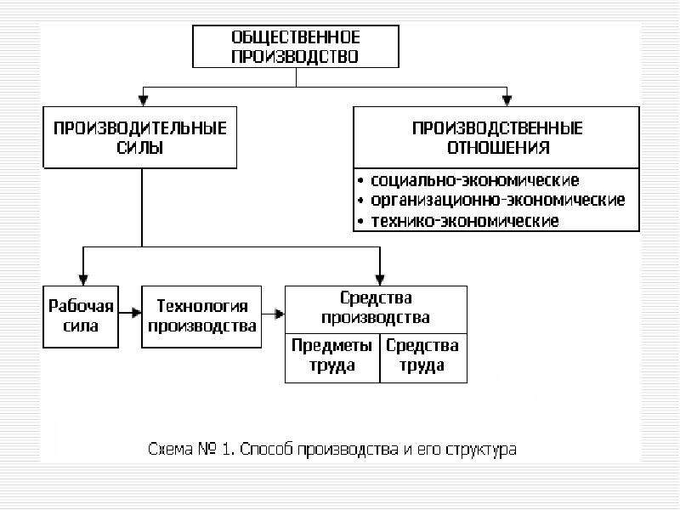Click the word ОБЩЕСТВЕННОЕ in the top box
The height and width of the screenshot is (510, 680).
point(296,37)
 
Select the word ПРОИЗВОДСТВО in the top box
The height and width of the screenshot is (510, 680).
point(295,57)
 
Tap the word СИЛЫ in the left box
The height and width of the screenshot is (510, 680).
point(140,148)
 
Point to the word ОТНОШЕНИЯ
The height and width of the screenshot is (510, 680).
point(498,148)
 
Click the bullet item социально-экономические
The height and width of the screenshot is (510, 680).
point(475,180)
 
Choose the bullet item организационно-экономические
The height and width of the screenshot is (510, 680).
point(498,201)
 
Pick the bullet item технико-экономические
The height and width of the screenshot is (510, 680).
point(464,221)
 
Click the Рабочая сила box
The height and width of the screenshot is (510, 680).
point(81,316)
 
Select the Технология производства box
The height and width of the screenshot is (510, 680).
point(201,316)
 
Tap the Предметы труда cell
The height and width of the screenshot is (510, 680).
point(332,358)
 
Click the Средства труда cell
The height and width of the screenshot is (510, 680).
point(423,358)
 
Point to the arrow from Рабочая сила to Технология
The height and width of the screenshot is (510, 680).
point(130,313)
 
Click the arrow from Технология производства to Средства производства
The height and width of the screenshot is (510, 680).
point(273,314)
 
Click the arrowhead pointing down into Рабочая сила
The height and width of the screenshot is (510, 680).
point(83,280)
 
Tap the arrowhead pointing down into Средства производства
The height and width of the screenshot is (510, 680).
point(380,280)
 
